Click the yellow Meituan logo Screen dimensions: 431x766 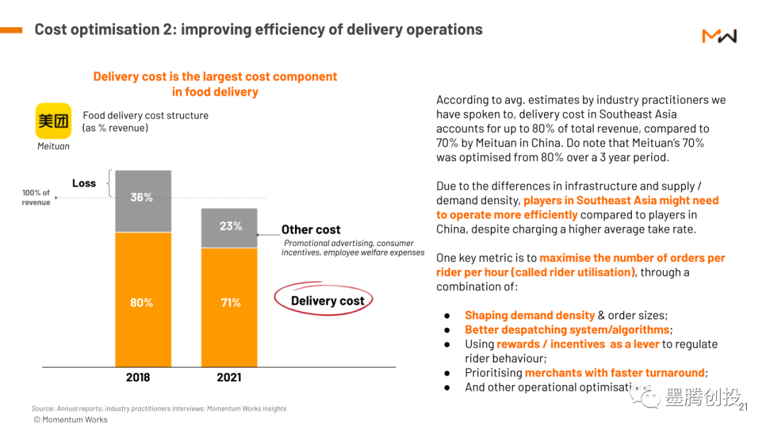pos(54,121)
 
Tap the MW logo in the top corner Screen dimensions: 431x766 pos(719,35)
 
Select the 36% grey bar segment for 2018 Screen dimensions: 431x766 pos(143,201)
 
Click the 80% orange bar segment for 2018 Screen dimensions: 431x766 pos(143,303)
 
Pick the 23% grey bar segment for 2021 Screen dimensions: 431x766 pos(229,228)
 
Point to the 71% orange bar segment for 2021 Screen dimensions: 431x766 pos(229,305)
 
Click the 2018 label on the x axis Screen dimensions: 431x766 pos(138,377)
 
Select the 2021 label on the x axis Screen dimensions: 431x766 pos(229,377)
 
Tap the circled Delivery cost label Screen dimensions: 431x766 pos(327,301)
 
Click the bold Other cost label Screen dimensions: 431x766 pos(311,230)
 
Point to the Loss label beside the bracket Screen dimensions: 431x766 pos(84,183)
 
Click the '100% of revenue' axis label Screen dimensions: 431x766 pos(36,197)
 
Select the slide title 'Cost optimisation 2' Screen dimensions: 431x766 pos(258,30)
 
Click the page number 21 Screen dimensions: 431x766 pos(743,407)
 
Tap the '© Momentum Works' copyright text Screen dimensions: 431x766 pos(71,420)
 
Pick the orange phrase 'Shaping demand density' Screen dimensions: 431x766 pos(529,315)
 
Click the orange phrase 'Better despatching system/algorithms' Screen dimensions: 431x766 pos(567,330)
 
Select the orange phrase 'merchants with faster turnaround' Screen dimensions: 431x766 pos(614,373)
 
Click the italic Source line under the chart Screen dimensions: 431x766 pos(159,408)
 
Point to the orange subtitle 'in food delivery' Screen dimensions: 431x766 pos(215,91)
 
